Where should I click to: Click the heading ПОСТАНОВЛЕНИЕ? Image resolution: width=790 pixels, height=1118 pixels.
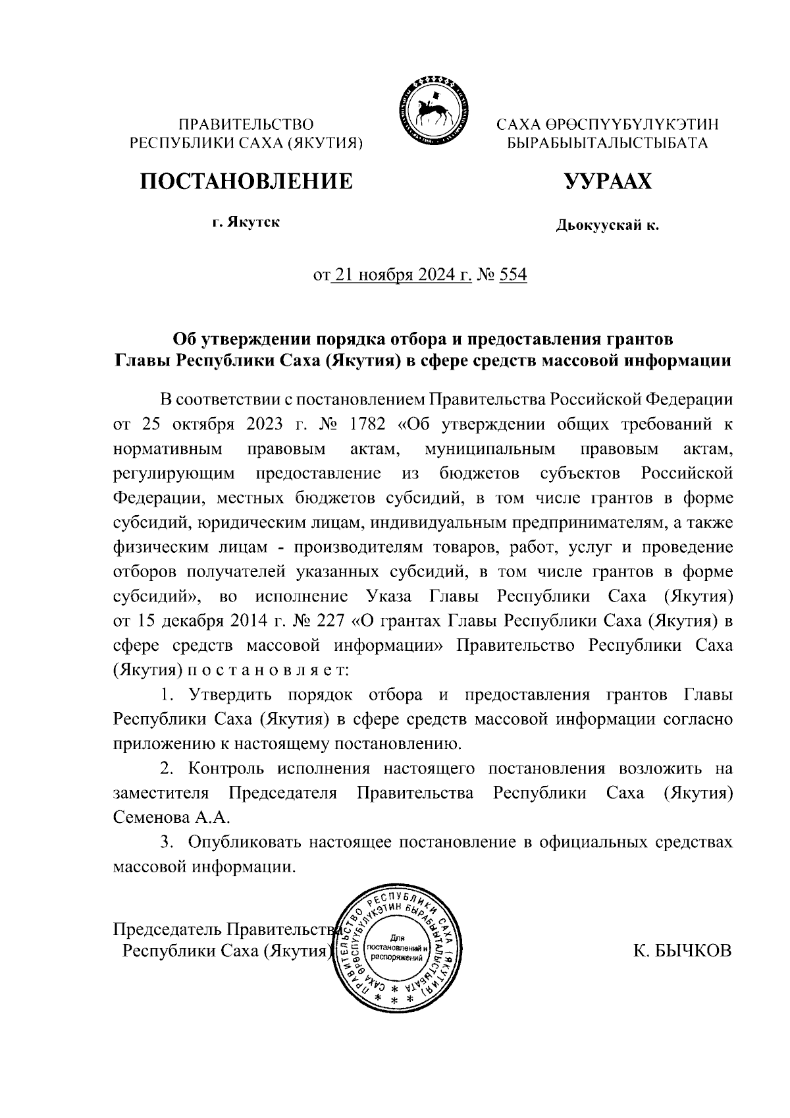click(246, 181)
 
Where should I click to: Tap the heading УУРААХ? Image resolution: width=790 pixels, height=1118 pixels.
click(608, 181)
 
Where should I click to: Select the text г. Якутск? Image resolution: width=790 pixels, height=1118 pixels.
click(246, 223)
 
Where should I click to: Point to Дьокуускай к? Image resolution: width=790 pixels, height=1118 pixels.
click(607, 227)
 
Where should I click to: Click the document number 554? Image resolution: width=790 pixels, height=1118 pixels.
click(513, 275)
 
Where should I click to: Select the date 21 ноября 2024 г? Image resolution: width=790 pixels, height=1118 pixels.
click(403, 275)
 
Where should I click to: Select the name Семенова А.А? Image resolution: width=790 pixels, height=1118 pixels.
click(171, 818)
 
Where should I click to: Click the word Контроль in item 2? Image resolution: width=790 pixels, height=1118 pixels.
click(226, 769)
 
